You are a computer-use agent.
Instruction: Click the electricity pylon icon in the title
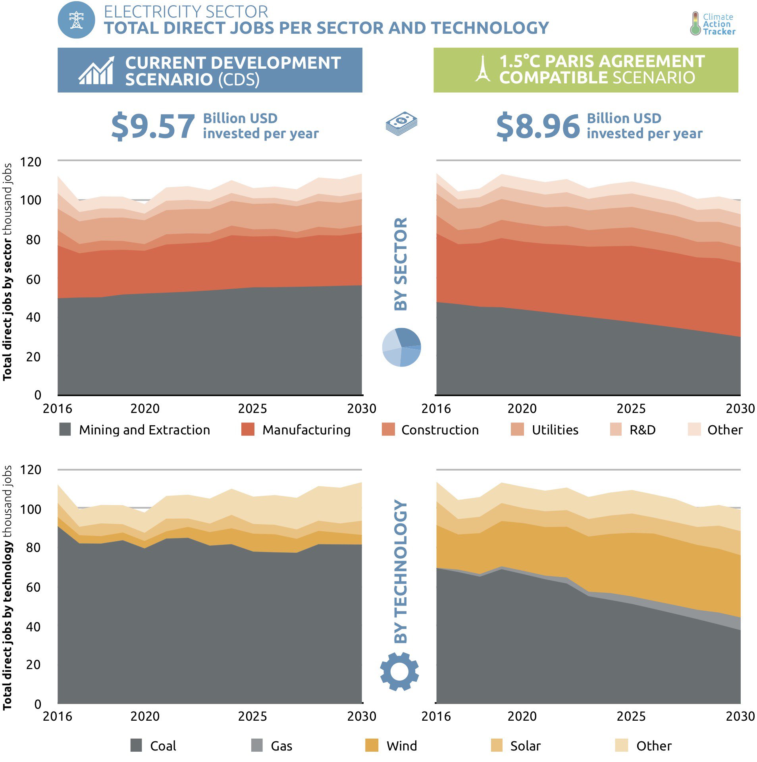tap(76, 20)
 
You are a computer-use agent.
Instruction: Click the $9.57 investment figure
tap(153, 126)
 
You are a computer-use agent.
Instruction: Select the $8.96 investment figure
tap(538, 126)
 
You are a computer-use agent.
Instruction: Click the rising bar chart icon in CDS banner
tap(96, 71)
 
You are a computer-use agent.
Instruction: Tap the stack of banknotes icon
tap(401, 123)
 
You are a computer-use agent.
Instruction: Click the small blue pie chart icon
tap(401, 347)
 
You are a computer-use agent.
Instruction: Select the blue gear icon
tap(399, 671)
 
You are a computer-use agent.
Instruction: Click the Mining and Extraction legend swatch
tap(65, 429)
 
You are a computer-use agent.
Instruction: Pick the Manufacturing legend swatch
tap(248, 429)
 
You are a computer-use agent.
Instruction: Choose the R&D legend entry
tap(642, 430)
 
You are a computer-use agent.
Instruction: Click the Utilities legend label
tap(555, 430)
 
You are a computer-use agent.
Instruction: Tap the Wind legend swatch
tap(372, 745)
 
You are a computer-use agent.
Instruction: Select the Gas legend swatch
tap(257, 745)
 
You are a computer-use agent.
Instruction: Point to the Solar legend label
tap(525, 746)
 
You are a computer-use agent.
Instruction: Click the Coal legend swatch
tap(136, 745)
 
